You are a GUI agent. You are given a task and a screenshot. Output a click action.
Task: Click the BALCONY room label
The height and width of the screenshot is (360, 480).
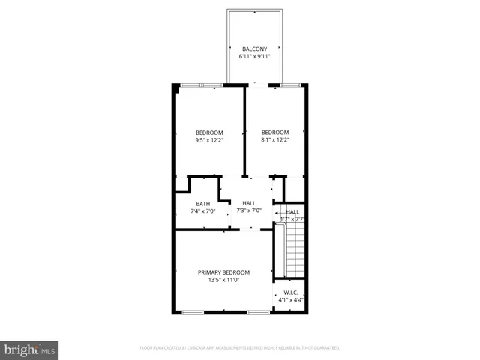coord(254,49)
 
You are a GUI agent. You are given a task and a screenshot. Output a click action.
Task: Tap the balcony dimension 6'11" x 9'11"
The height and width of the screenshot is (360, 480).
coord(254,57)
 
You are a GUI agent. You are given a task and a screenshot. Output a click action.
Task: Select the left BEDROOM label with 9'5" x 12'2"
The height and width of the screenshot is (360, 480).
coord(209,133)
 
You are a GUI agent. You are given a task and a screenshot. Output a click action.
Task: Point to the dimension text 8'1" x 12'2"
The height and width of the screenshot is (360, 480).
coord(275,140)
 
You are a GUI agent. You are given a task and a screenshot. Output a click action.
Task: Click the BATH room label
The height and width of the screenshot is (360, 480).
coord(203,204)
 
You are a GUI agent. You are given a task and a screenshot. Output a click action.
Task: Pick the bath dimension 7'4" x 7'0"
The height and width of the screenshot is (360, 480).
coord(203,211)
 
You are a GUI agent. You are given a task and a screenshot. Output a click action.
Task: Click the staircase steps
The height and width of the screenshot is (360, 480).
coord(295,251)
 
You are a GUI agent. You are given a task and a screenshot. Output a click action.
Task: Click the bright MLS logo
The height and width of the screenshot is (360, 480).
coord(29,349)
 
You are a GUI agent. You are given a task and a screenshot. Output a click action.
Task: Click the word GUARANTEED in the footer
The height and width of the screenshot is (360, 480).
coord(326,348)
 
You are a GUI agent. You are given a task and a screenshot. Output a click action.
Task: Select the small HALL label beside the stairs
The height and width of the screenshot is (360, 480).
coord(293,212)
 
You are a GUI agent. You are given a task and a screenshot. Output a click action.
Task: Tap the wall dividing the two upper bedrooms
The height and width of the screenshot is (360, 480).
coord(245,131)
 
